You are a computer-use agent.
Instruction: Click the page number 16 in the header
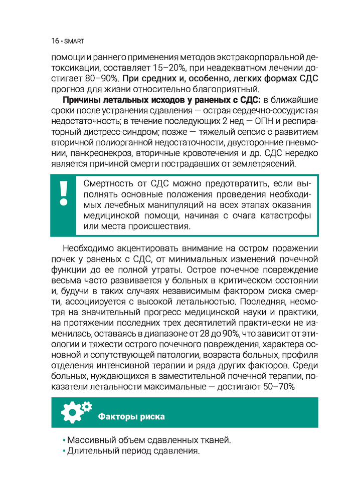54,40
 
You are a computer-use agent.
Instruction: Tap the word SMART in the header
72,41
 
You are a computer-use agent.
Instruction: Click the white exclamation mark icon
63,193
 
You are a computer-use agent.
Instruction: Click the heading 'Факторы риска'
131,416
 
